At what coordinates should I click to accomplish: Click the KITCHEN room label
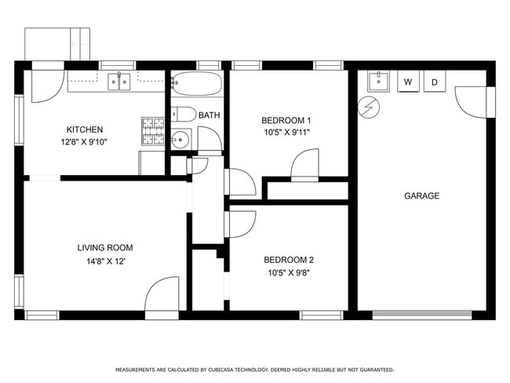[x=84, y=129]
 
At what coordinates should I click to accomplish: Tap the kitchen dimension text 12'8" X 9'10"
[x=84, y=142]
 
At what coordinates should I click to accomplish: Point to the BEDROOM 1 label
[x=286, y=120]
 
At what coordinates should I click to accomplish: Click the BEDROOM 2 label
[x=288, y=260]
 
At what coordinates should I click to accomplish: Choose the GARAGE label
[x=421, y=195]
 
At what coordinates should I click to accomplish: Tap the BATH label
[x=209, y=115]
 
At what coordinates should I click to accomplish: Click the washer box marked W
[x=408, y=82]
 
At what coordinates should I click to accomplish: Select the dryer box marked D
[x=434, y=82]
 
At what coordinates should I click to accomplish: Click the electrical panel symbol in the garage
[x=368, y=108]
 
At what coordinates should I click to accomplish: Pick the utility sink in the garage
[x=378, y=80]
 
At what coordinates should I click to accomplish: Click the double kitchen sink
[x=119, y=80]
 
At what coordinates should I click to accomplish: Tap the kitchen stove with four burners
[x=152, y=131]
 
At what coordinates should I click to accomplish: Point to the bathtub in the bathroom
[x=196, y=83]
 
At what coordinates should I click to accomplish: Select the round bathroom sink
[x=180, y=140]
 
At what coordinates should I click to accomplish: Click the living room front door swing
[x=162, y=295]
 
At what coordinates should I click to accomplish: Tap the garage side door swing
[x=472, y=100]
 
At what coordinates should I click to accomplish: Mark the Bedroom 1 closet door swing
[x=304, y=166]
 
